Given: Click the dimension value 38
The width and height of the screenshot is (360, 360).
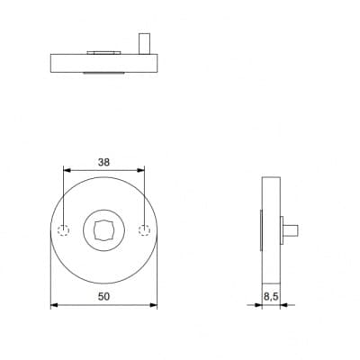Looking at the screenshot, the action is coord(103,162).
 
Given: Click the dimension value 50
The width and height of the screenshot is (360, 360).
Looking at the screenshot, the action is coord(103,297).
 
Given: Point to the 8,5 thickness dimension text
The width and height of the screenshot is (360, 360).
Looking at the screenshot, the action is coord(271,297).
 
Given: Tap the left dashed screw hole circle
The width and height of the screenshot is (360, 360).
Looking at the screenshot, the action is coord(64,230).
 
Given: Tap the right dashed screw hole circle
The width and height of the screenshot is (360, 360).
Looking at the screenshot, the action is coord(144,230).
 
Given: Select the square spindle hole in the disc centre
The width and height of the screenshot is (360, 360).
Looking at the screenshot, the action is coord(103,230).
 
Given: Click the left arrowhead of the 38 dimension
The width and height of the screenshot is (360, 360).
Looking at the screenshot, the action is coord(67,170).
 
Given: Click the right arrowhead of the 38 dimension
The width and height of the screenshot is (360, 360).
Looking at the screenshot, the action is coord(140,170).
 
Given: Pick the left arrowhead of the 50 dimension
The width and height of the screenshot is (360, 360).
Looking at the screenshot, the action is coord(54,305).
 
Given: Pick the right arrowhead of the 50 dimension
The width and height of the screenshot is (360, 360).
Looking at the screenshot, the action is coord(154,305).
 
